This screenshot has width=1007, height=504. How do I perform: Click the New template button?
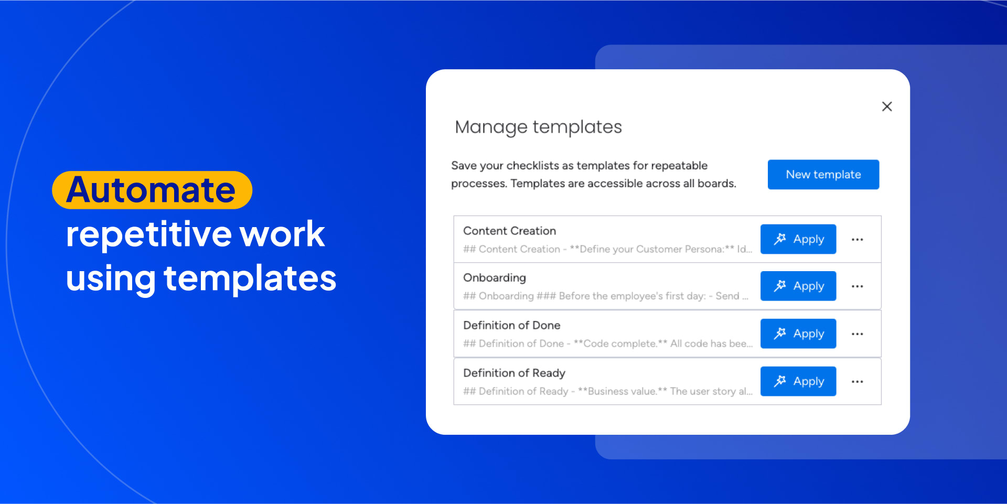823,175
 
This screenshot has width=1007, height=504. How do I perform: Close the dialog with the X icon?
887,106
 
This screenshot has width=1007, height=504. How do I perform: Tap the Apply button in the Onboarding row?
798,286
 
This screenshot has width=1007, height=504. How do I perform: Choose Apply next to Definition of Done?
798,334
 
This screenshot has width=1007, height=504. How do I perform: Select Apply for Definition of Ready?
798,381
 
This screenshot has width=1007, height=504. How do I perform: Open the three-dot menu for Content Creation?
858,240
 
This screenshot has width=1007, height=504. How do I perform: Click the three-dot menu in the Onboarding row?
858,286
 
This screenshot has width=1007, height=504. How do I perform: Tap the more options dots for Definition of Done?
858,334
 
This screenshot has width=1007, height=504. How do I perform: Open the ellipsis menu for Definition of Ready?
858,382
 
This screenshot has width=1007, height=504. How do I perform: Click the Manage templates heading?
538,127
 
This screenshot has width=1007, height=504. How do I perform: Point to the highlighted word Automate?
151,190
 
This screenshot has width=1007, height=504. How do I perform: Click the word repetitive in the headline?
148,234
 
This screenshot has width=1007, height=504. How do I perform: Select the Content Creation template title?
509,231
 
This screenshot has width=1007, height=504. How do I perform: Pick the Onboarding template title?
495,278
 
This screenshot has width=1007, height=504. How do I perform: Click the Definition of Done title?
511,325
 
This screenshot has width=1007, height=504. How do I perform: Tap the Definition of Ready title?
514,373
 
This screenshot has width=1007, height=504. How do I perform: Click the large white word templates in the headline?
250,278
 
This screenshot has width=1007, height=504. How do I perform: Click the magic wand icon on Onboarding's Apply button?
780,286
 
